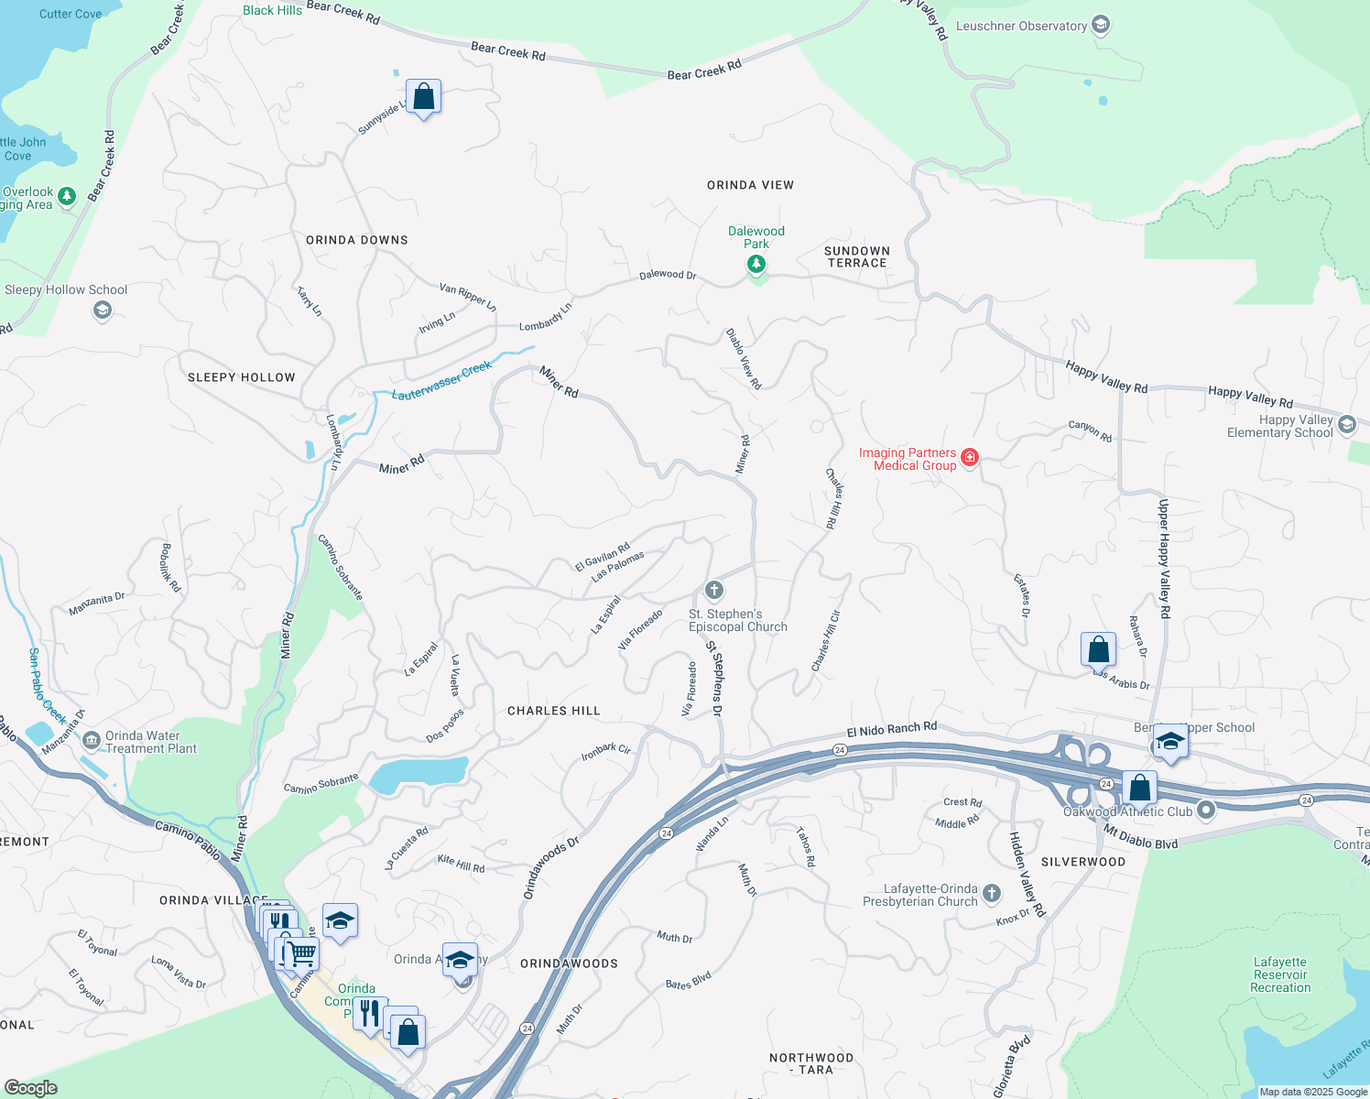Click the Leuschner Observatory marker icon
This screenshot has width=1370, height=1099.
1101,25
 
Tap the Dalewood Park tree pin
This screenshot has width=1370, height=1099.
756,264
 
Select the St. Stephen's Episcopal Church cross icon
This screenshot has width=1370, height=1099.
714,590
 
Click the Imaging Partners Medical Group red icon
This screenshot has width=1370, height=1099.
970,457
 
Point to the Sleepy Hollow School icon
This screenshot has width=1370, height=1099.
103,311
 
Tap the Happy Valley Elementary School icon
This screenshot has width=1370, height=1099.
1346,424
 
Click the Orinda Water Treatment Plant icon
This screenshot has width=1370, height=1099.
91,740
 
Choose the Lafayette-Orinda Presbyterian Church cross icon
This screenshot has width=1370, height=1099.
992,892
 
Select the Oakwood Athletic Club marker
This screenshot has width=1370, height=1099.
1206,810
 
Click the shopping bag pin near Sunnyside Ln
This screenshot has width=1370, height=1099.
423,96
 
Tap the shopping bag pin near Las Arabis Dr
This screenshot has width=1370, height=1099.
1098,649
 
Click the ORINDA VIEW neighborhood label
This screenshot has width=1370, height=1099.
750,185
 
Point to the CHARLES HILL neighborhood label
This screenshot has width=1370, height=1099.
553,711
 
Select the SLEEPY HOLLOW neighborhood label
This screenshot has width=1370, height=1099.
242,377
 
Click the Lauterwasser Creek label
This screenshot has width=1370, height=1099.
442,381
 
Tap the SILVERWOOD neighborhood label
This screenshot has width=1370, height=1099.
1082,862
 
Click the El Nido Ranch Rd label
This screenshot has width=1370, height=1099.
891,729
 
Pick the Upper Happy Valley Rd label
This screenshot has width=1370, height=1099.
1164,559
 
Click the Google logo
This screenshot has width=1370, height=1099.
30,1087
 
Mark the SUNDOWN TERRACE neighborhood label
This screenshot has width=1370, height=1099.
856,256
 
